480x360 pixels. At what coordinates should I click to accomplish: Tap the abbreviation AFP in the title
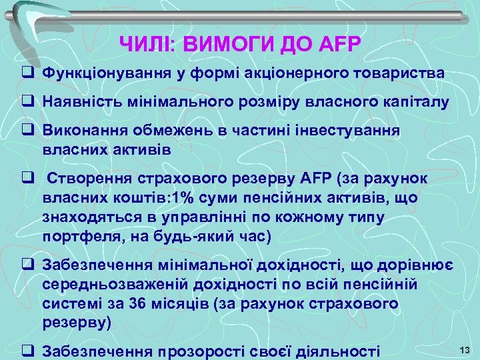[x=337, y=45]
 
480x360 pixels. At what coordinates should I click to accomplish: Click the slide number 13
[x=465, y=349]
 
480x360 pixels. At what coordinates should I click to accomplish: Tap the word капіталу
[x=414, y=102]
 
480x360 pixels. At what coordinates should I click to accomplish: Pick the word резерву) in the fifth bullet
[x=77, y=322]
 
